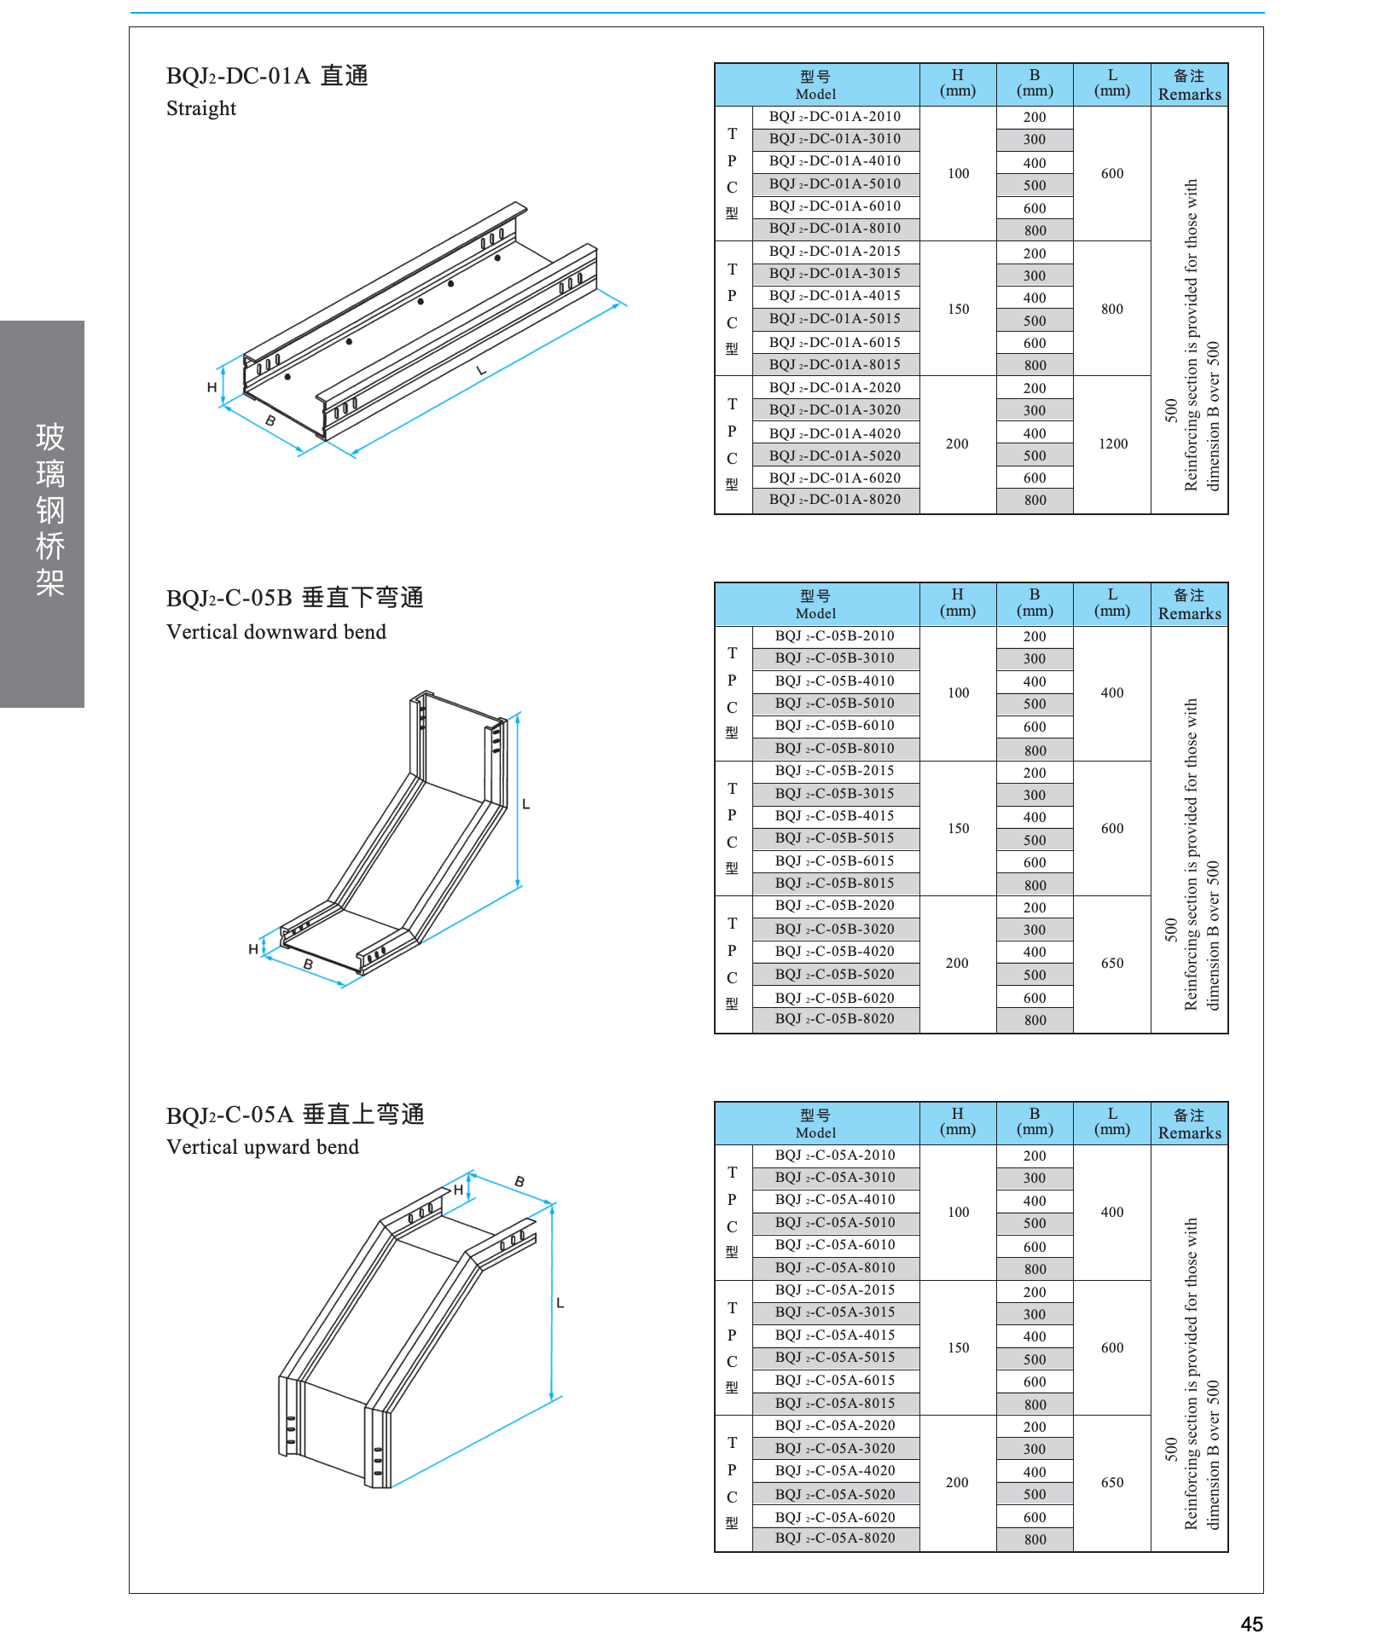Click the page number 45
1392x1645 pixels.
point(1251,1624)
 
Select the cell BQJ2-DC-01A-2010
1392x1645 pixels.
point(834,117)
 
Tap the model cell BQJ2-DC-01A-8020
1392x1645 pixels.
point(834,500)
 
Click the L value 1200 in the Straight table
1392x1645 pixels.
point(1112,443)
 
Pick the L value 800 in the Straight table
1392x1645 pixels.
point(1112,309)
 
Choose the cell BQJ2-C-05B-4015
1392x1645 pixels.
point(834,816)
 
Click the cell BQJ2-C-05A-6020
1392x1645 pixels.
point(834,1517)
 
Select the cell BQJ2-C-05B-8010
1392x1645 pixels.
point(834,749)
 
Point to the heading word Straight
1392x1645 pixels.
point(201,109)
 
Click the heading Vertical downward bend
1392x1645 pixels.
point(276,632)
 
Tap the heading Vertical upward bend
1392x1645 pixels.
point(263,1147)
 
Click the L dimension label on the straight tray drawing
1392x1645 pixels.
point(481,370)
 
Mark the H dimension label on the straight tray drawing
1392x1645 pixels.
point(212,387)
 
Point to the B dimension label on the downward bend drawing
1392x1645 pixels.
point(308,964)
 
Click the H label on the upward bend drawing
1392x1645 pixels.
point(458,1190)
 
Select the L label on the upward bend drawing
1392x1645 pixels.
point(560,1303)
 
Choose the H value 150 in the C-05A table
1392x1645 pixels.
point(958,1347)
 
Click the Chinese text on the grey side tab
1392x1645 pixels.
point(50,509)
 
